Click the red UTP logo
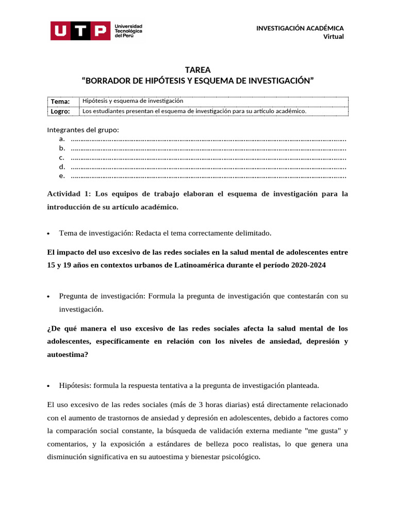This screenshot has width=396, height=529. [80, 30]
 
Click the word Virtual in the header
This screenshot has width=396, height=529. [333, 36]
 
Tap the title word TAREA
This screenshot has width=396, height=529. [197, 70]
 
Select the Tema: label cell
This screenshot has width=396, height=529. [60, 101]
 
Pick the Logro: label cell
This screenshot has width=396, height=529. [60, 111]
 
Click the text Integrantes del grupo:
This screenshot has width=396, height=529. [83, 130]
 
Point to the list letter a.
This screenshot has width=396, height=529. [61, 139]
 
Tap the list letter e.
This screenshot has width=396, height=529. [61, 176]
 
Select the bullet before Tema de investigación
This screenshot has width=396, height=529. [48, 234]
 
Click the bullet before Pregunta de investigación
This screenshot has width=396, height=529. [48, 297]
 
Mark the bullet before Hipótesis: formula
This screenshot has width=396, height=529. [48, 385]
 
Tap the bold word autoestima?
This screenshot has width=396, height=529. [68, 354]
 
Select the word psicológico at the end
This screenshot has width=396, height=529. [240, 457]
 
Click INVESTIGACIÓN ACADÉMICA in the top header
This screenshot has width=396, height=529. [300, 28]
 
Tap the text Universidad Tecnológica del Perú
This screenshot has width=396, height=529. [128, 30]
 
